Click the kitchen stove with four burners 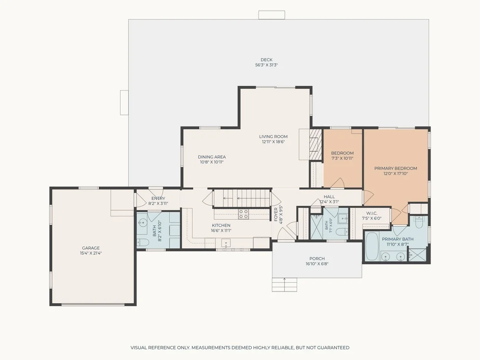coord(243,214)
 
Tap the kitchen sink coord(226,243)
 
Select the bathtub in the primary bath coord(372,246)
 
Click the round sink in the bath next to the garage coord(143,222)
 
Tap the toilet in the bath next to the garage coord(143,243)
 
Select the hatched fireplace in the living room coord(315,145)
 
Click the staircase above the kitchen coord(242,198)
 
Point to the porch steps coord(284,285)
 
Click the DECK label coord(266,60)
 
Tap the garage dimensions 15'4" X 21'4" coord(91,253)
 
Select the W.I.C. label coord(372,213)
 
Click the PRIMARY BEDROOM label coord(396,168)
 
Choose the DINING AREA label coord(212,157)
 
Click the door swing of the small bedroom coord(337,183)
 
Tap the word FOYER coord(276,214)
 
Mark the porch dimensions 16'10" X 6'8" coord(317,263)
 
